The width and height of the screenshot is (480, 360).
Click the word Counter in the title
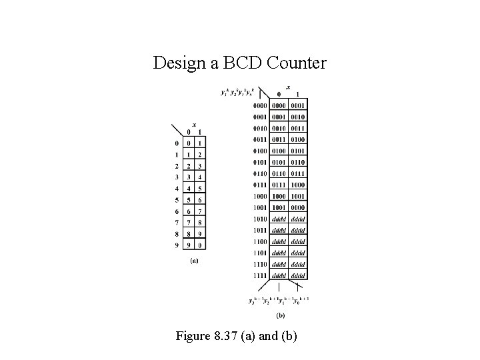point(296,63)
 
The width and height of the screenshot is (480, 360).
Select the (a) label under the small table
point(194,261)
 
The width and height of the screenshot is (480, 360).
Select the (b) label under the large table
point(281,315)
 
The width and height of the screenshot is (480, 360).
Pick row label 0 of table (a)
point(177,143)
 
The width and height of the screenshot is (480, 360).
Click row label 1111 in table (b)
point(260,275)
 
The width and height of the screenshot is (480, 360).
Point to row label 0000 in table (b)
point(260,105)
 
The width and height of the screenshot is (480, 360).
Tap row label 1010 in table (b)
point(260,218)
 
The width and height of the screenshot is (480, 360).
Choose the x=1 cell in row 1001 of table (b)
point(298,207)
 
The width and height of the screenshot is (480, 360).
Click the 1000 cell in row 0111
point(298,185)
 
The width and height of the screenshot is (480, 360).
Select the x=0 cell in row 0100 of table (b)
point(278,151)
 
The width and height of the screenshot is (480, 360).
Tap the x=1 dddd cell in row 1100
point(298,241)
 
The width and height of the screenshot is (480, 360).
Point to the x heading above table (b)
point(288,87)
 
